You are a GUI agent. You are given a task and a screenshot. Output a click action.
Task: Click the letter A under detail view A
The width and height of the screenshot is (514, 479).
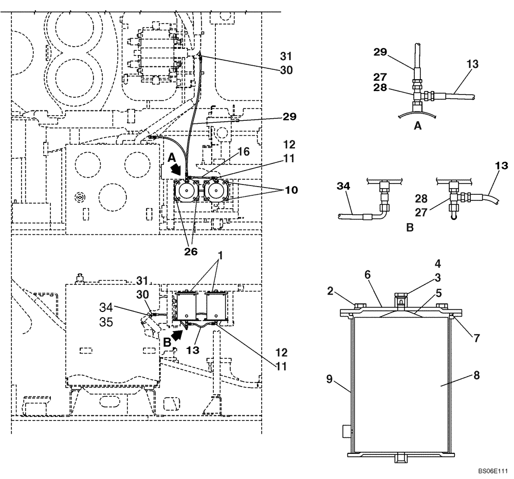coord(418,124)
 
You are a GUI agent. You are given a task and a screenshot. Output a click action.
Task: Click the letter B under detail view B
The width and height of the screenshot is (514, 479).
coord(410,227)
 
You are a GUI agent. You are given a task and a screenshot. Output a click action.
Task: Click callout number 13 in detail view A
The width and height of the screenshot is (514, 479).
coord(473,64)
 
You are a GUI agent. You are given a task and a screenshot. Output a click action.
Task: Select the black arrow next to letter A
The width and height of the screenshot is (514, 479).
coord(176,169)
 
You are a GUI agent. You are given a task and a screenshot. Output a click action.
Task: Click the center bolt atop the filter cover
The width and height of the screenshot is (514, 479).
coord(400,298)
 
